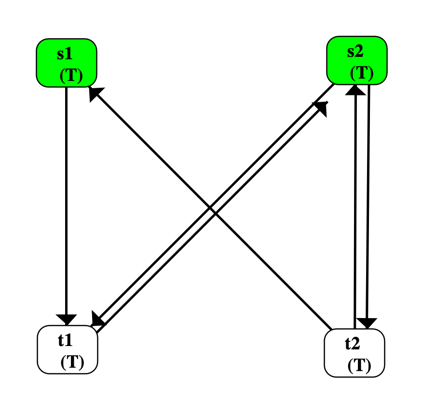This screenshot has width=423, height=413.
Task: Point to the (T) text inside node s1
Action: [71, 76]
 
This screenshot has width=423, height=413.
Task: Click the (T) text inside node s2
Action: [361, 73]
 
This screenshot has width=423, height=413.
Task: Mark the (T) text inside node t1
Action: [72, 362]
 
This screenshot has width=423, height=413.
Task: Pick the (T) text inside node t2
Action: [359, 366]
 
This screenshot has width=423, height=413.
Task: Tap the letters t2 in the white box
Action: [353, 344]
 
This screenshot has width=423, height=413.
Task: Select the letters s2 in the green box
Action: [355, 51]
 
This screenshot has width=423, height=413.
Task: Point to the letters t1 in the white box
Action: [65, 340]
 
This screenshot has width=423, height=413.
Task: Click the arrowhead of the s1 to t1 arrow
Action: [66, 319]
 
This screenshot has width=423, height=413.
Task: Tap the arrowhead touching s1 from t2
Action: [95, 93]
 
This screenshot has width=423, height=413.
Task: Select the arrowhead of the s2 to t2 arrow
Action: [368, 323]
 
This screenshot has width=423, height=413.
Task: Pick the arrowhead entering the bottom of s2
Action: [356, 90]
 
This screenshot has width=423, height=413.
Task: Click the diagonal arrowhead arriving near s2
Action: [321, 108]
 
